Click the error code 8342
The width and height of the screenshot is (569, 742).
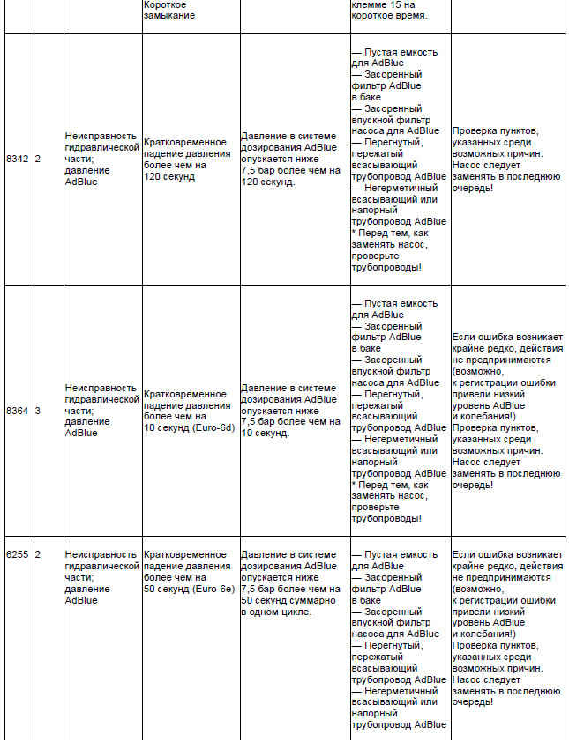point(17,159)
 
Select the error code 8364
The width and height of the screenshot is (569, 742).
point(17,411)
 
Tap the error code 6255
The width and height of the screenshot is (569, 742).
point(17,555)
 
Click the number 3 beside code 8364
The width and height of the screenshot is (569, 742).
point(37,411)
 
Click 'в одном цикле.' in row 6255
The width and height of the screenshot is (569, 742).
point(276,612)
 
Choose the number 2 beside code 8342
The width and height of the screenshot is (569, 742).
point(37,159)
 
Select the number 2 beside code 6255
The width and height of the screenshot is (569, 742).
point(37,555)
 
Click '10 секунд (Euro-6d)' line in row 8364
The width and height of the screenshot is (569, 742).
point(190,427)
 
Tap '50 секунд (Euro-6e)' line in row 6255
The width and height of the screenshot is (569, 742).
point(190,589)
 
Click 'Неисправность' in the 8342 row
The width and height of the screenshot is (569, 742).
point(101,136)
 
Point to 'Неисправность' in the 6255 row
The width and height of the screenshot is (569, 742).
point(101,555)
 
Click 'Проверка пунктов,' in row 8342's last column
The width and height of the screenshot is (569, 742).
point(495,131)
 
